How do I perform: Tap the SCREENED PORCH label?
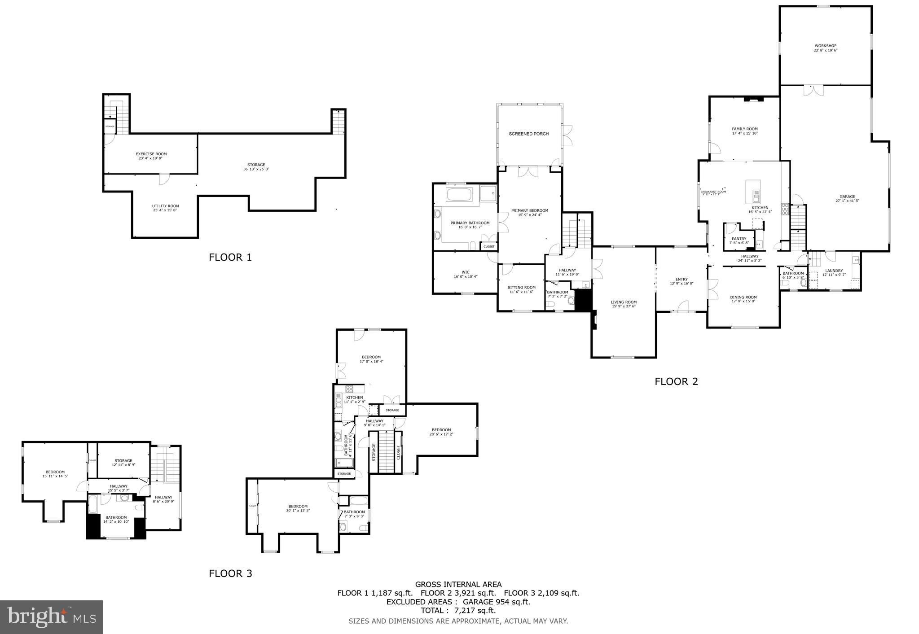point(528,134)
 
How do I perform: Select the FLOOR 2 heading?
point(676,381)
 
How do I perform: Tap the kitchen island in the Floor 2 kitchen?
point(753,191)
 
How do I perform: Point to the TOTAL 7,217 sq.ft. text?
point(458,610)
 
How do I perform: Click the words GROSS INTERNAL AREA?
point(458,584)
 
